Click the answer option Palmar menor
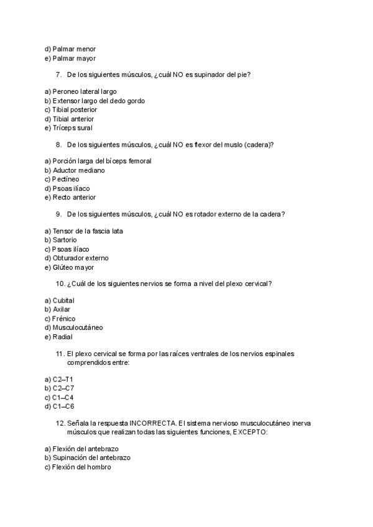[x=70, y=49]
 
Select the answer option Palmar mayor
[x=70, y=58]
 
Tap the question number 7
[x=58, y=75]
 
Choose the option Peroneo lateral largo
[x=80, y=91]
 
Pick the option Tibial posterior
[x=71, y=109]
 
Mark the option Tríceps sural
[x=68, y=128]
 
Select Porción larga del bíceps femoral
[x=98, y=161]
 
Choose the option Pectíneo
[x=62, y=179]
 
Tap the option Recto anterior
[x=70, y=198]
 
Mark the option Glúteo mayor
[x=69, y=267]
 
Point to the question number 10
[x=60, y=284]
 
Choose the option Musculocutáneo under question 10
[x=73, y=328]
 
